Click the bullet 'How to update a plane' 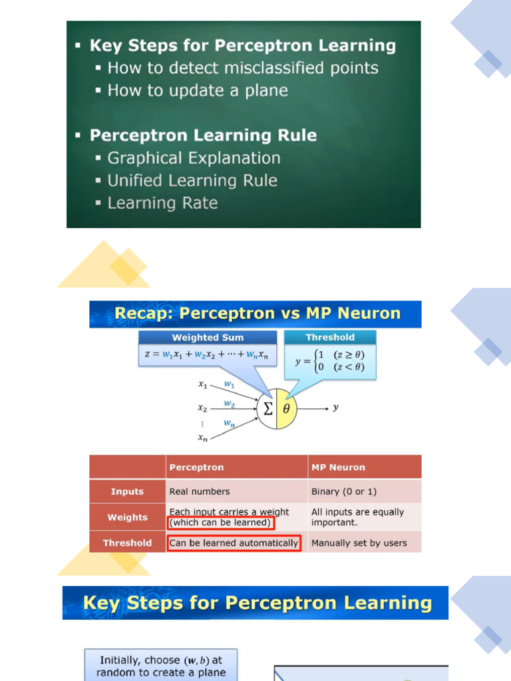pos(198,90)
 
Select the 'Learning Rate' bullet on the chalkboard pos(162,203)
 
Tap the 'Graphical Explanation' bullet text pos(194,158)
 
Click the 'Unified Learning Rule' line pos(192,180)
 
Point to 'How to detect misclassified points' pos(243,68)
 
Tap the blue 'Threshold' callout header pos(330,337)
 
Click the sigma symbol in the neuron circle pos(267,409)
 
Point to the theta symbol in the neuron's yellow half pos(286,409)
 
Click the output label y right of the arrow pos(336,408)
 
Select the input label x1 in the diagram pos(203,384)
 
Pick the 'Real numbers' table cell pos(200,491)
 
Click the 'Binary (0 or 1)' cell pos(343,491)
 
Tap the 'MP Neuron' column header pos(338,467)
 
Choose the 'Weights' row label pos(127,517)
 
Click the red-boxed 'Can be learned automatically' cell pos(234,543)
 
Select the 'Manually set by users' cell pos(359,543)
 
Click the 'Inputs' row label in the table pos(127,491)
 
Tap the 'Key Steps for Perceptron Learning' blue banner pos(257,603)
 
